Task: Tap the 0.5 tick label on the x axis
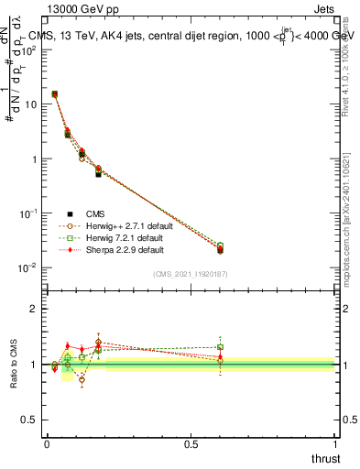click(191, 443)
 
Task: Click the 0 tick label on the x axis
click(47, 443)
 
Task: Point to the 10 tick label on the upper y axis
click(31, 104)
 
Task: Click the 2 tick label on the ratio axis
click(36, 309)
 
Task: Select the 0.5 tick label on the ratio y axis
click(32, 420)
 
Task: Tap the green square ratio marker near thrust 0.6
click(220, 347)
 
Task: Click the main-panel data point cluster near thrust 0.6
click(220, 248)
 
